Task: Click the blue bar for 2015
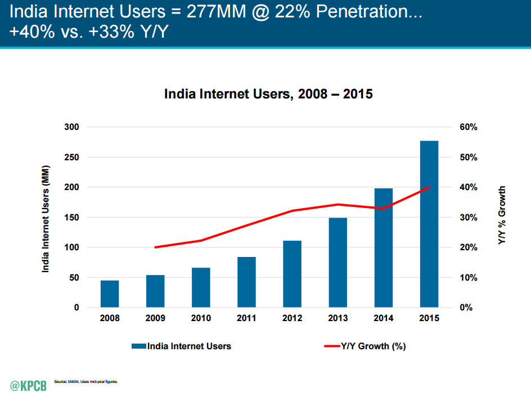coord(429,224)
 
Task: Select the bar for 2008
coord(110,294)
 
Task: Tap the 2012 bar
coord(292,274)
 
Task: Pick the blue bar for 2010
coord(201,288)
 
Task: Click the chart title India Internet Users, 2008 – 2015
coord(268,94)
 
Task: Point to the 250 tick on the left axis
coord(72,157)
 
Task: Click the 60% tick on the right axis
coord(469,127)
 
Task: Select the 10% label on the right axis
coord(469,278)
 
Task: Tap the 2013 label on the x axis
coord(338,318)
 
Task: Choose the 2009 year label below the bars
coord(155,318)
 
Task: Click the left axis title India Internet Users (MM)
coord(46,219)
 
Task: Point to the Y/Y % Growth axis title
coord(502,215)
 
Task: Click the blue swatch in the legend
coord(139,346)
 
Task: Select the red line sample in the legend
coord(332,346)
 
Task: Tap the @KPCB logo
coord(29,386)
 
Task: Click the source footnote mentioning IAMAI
coord(86,382)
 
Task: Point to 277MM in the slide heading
coord(217,11)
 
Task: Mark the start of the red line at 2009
coord(155,247)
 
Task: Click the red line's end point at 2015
coord(429,187)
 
